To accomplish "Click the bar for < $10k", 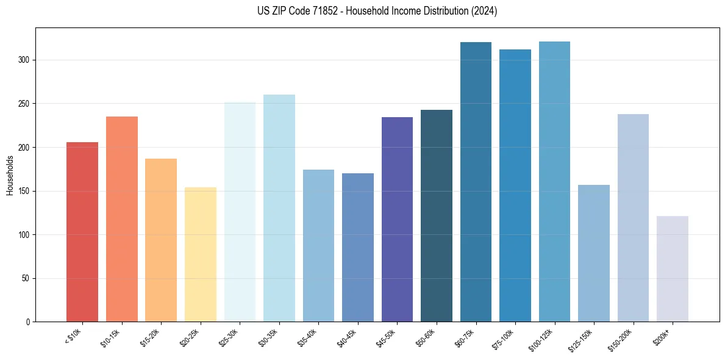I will click(82, 232).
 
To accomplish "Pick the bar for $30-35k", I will click(279, 208).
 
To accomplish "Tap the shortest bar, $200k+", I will click(673, 268).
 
